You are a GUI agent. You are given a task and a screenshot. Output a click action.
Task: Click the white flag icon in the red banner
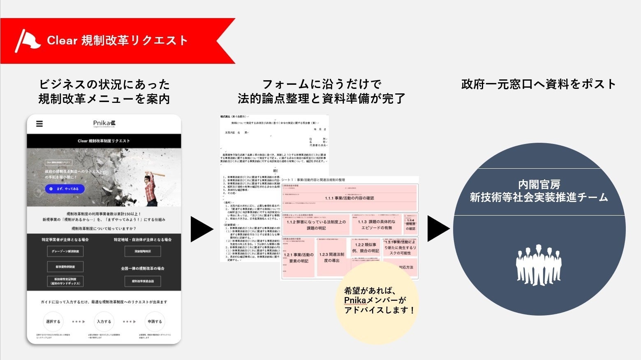click(27, 40)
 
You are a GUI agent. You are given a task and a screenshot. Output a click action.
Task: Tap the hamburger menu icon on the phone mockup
click(39, 123)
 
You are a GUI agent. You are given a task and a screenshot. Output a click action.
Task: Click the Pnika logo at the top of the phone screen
click(104, 123)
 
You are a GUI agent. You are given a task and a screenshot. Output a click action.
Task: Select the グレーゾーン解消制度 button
click(65, 251)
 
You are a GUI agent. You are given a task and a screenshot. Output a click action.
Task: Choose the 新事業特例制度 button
click(65, 267)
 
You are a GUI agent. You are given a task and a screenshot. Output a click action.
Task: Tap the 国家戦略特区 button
click(143, 251)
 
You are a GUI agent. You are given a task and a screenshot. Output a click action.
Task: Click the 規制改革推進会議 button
click(143, 281)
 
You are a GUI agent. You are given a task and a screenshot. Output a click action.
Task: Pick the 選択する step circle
click(53, 322)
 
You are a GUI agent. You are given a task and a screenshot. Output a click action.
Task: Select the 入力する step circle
click(104, 322)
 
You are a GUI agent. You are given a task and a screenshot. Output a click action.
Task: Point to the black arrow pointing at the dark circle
click(438, 229)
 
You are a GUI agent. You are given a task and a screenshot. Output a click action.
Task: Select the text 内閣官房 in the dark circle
click(539, 184)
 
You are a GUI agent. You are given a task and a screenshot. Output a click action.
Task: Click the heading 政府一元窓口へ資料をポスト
click(539, 84)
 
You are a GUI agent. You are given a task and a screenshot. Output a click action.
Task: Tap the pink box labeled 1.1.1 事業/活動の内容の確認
click(349, 198)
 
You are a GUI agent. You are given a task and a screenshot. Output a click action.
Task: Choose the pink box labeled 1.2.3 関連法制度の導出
click(331, 258)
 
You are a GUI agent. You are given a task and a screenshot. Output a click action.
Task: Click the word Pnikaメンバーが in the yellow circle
click(375, 300)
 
